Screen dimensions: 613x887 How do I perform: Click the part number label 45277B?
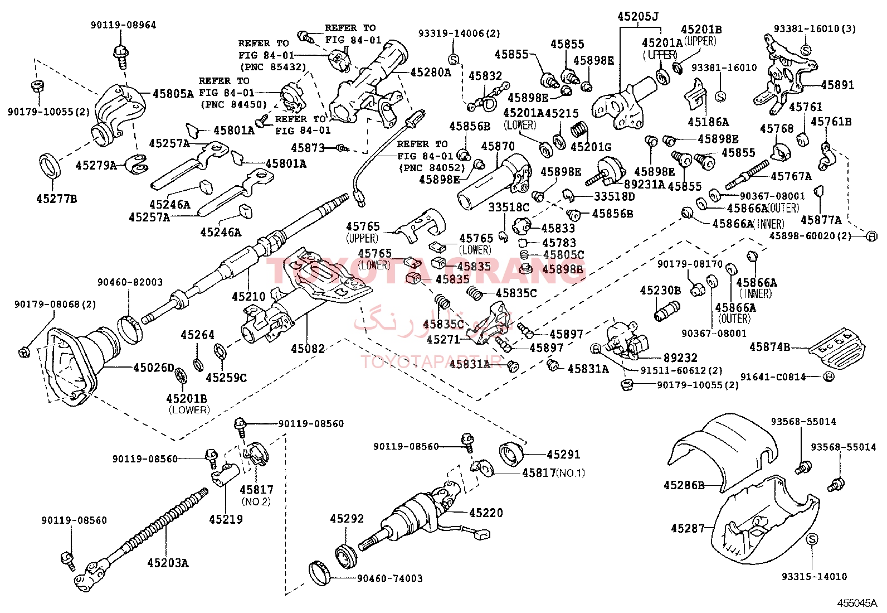click(x=56, y=199)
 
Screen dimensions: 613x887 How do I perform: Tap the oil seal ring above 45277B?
click(x=51, y=166)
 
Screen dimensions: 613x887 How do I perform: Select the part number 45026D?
click(x=153, y=368)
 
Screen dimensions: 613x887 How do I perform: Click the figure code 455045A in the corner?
click(x=856, y=603)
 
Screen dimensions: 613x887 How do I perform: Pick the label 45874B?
click(x=769, y=347)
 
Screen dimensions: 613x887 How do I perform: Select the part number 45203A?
click(x=168, y=563)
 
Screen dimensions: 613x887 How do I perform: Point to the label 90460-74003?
click(x=389, y=578)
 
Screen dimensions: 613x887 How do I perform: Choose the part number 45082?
click(x=308, y=349)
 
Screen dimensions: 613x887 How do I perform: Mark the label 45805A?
click(x=173, y=94)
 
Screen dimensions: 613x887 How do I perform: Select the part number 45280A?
click(x=431, y=72)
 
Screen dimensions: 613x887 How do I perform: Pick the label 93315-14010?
click(x=814, y=576)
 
